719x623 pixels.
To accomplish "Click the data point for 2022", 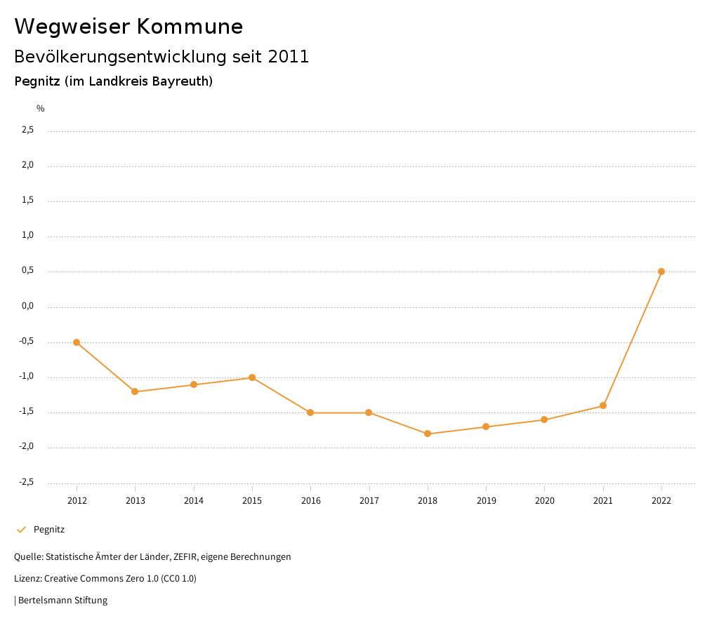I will (661, 272).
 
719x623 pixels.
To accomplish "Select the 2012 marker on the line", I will (77, 342).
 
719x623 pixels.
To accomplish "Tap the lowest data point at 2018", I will (428, 434).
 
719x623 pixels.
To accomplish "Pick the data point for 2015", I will (252, 377).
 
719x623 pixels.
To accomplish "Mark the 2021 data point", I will (603, 406).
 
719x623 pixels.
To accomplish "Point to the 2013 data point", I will (135, 391).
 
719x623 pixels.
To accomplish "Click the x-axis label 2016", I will (310, 500).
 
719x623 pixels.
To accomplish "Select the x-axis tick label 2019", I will (486, 500).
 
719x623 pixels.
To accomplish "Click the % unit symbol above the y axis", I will (41, 109).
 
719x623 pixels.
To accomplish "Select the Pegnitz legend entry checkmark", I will (21, 530).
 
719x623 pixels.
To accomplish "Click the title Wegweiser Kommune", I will (128, 27).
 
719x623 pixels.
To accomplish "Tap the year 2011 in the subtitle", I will (289, 57).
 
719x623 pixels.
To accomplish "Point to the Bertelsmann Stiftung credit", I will (62, 601).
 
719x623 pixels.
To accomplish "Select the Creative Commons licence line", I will (105, 579).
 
